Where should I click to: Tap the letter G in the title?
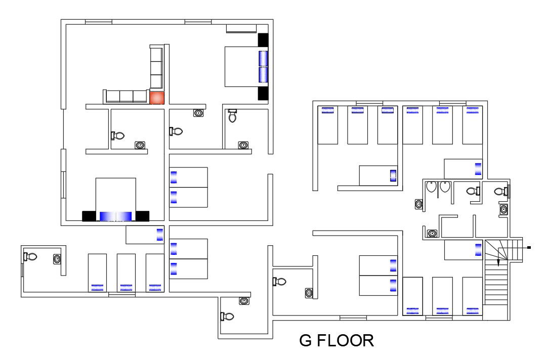[306, 340]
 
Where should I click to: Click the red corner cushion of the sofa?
[157, 98]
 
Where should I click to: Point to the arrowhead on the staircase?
[498, 262]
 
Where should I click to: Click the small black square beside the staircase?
[529, 248]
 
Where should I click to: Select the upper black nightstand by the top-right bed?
[263, 40]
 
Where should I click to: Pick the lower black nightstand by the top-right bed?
[263, 94]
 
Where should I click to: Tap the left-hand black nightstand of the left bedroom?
[89, 216]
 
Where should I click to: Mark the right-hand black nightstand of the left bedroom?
[143, 216]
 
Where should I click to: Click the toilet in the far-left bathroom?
[30, 256]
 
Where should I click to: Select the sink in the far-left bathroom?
[57, 259]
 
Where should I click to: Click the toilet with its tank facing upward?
[233, 116]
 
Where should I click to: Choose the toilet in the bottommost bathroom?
[227, 317]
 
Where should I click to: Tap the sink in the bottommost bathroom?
[244, 301]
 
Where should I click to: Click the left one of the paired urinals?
[431, 187]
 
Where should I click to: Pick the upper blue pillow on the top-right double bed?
[263, 58]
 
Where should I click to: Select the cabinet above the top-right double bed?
[241, 28]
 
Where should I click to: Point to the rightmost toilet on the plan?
[500, 191]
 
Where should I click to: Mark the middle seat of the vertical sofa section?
[156, 68]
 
